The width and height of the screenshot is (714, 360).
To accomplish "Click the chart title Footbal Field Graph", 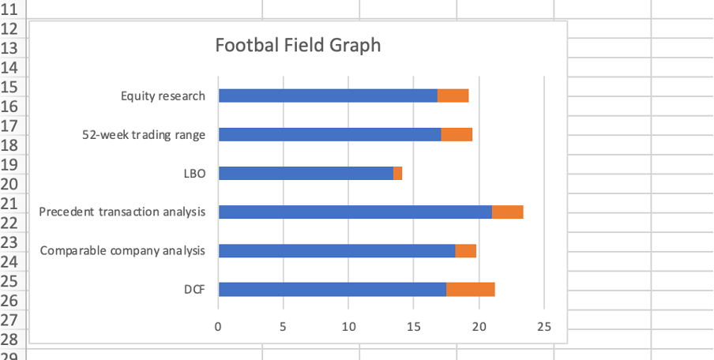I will (298, 45).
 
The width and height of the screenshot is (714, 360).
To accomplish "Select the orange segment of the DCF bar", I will (471, 289).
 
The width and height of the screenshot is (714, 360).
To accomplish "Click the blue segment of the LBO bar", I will (305, 173).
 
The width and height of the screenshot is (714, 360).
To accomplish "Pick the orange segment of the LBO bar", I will (398, 173).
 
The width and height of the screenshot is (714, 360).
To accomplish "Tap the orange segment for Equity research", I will (453, 96).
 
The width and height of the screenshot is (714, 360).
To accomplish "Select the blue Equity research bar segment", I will (327, 96).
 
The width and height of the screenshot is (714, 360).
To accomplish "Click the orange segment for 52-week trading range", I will (457, 134).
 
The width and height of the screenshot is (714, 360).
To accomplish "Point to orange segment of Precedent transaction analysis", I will (508, 212).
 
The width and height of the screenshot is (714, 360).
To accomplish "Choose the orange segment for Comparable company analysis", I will (466, 250).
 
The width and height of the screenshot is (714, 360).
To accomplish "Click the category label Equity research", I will (163, 96).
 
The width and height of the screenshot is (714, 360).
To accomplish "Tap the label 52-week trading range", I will (144, 135).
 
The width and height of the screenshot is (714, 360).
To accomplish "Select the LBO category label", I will (194, 174).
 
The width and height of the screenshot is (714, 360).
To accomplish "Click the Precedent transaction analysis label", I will (122, 212).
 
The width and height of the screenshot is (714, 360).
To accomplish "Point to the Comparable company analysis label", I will (122, 250).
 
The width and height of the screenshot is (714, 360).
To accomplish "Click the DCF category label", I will (194, 290).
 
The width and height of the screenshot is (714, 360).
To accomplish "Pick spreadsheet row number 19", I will (10, 166).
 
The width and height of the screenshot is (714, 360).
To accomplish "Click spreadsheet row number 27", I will (10, 321).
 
